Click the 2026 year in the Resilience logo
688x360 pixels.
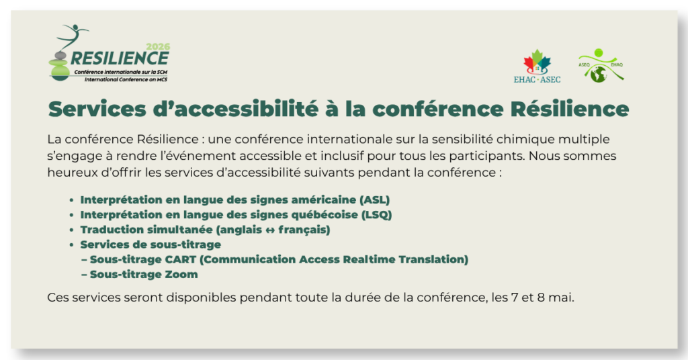pyautogui.click(x=158, y=46)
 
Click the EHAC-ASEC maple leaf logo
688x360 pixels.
pyautogui.click(x=537, y=65)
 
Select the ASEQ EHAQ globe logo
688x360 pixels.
pyautogui.click(x=600, y=66)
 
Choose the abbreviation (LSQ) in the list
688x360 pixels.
pyautogui.click(x=376, y=215)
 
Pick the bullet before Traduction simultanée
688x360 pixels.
pyautogui.click(x=71, y=230)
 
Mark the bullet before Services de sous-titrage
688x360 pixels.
pyautogui.click(x=71, y=244)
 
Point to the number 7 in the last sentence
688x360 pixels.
pyautogui.click(x=515, y=297)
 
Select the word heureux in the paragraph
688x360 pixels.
pyautogui.click(x=69, y=172)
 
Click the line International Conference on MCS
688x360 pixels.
pyautogui.click(x=126, y=79)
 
